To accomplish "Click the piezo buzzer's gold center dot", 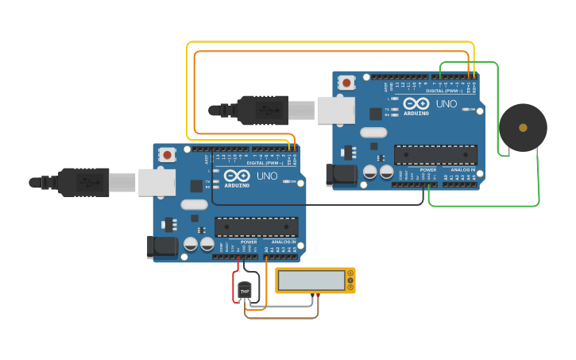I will click(x=522, y=127).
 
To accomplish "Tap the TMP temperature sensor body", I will click(x=245, y=292).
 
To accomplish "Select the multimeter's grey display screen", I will click(x=311, y=281).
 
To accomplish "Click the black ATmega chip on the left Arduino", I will click(x=256, y=227).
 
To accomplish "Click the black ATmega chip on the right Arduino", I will click(x=435, y=155).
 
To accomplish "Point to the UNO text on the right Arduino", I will click(x=446, y=103).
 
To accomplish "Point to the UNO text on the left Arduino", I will click(x=267, y=176).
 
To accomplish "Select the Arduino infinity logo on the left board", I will click(x=237, y=176).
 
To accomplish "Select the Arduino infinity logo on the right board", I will click(x=416, y=103).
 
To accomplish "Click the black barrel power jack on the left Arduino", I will click(x=163, y=246).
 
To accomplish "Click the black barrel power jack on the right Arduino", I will click(x=342, y=174).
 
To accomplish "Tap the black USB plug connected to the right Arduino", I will click(x=261, y=110).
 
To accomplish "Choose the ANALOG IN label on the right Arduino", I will click(x=463, y=169).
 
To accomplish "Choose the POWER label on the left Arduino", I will click(x=249, y=242).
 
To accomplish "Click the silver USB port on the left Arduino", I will click(x=157, y=182).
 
